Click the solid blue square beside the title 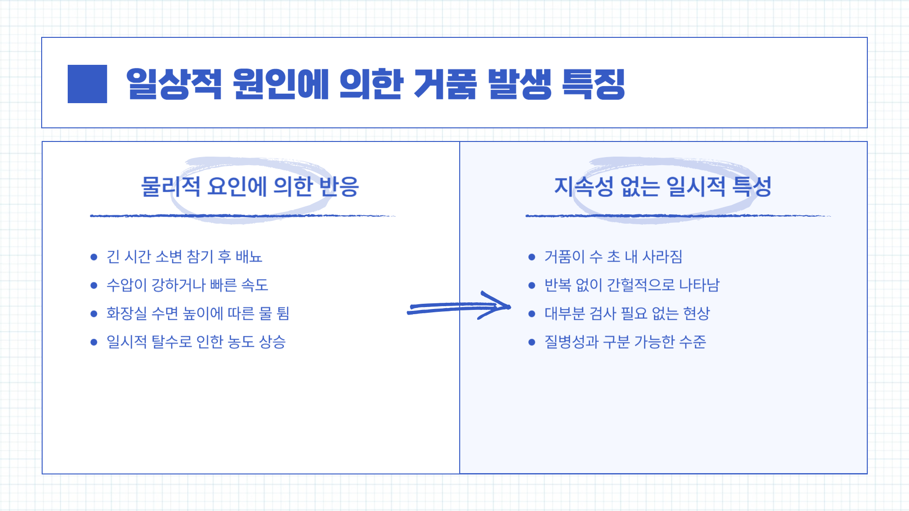pyautogui.click(x=87, y=84)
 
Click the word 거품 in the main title pyautogui.click(x=445, y=84)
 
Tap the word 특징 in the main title pyautogui.click(x=593, y=84)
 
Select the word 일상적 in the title pyautogui.click(x=174, y=84)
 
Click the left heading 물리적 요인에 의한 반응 pyautogui.click(x=250, y=186)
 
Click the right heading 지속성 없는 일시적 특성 pyautogui.click(x=663, y=186)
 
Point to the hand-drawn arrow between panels pyautogui.click(x=458, y=307)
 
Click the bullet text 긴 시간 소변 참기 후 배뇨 pyautogui.click(x=184, y=257)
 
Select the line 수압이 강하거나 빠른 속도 pyautogui.click(x=187, y=285)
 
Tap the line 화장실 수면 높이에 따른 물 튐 pyautogui.click(x=197, y=314)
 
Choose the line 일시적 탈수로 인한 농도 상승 pyautogui.click(x=196, y=342)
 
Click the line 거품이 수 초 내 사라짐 pyautogui.click(x=613, y=257)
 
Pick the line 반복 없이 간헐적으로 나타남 pyautogui.click(x=632, y=285)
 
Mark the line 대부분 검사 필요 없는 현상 pyautogui.click(x=627, y=314)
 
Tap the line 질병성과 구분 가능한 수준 pyautogui.click(x=625, y=342)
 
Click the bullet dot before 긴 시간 pyautogui.click(x=94, y=257)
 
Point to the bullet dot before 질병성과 pyautogui.click(x=532, y=342)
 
